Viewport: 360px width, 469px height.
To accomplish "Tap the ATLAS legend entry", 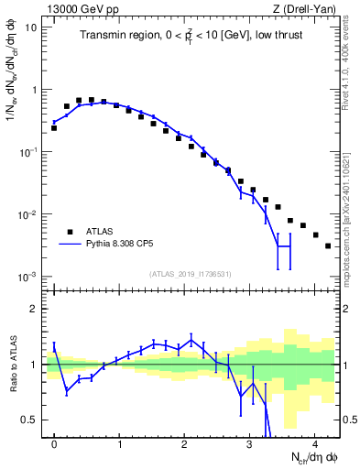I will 104,232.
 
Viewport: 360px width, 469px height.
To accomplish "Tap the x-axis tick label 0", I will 55,443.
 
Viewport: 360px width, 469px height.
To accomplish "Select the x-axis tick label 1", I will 120,443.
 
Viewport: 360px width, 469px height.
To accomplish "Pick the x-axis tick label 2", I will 184,443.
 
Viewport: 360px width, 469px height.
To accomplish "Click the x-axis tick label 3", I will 249,443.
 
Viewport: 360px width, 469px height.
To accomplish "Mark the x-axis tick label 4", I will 314,443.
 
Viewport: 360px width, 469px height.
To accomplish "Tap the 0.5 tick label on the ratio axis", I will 29,420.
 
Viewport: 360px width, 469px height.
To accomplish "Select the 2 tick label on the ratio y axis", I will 35,309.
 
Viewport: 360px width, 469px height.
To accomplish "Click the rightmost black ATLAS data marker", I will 328,245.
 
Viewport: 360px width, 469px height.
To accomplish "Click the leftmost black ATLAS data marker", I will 54,128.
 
